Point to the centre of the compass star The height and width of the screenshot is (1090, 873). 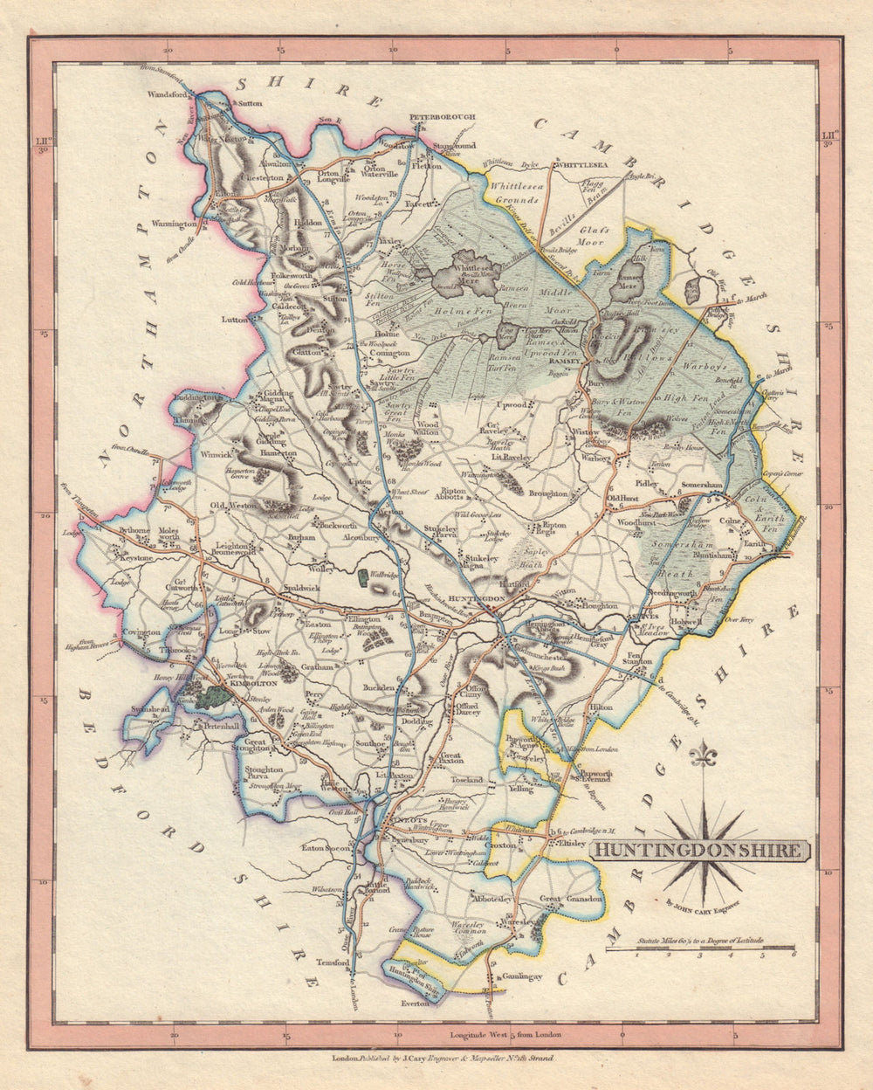pos(703,845)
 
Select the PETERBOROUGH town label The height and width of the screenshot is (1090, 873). pos(441,116)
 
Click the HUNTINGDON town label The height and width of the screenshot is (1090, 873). pos(477,598)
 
